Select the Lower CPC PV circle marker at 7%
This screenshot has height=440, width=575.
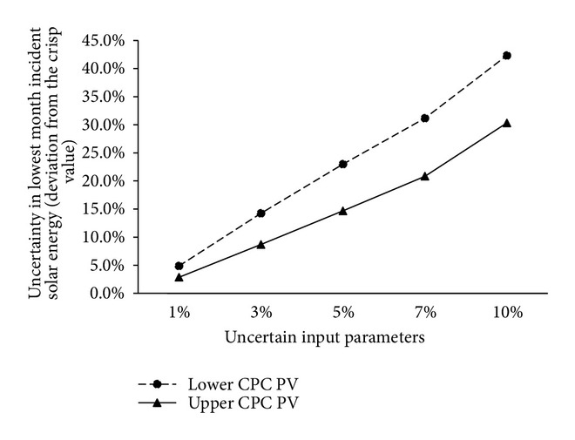click(x=425, y=118)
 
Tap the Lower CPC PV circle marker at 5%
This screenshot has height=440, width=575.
click(x=343, y=164)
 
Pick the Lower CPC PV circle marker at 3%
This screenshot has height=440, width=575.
click(x=261, y=213)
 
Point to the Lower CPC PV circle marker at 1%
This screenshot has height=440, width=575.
click(x=179, y=266)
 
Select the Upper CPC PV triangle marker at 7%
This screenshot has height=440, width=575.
click(x=425, y=176)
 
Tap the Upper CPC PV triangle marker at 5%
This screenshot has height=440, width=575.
click(x=343, y=210)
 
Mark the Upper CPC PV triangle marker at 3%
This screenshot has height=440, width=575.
click(x=261, y=244)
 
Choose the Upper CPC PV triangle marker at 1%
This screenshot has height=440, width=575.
click(x=179, y=277)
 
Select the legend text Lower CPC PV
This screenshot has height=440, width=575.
click(x=247, y=383)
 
